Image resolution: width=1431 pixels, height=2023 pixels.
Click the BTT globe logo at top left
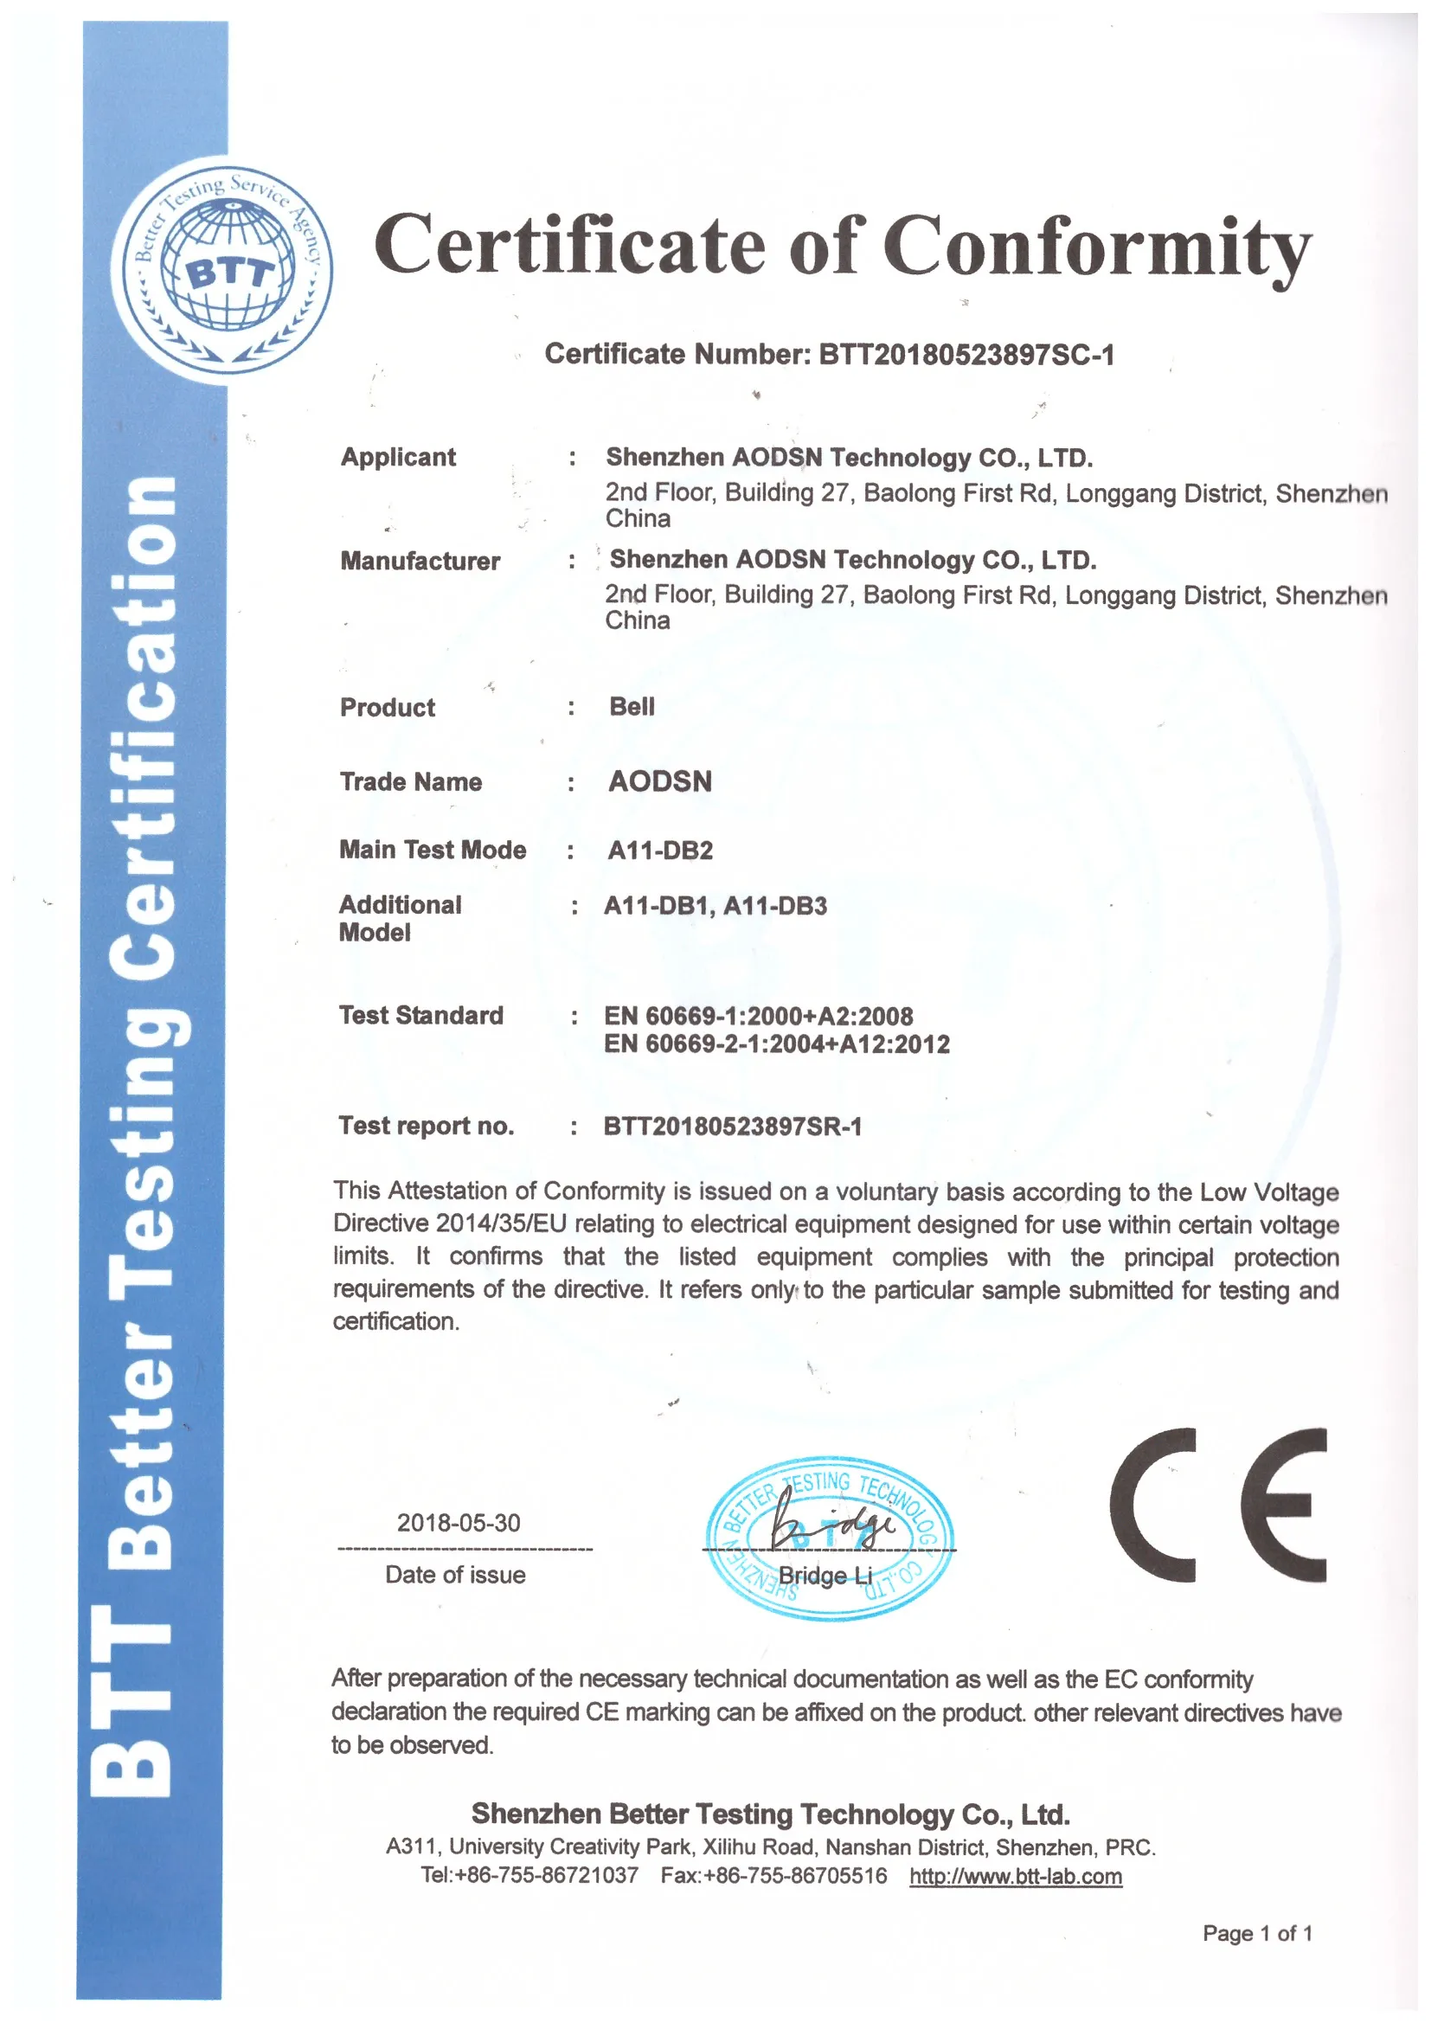223,270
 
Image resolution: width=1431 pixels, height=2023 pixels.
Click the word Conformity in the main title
1097,247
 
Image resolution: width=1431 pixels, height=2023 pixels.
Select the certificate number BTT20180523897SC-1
966,354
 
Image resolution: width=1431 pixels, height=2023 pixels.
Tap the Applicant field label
398,457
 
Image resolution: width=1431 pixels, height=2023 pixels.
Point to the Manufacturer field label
420,561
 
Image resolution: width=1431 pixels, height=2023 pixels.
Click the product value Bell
632,707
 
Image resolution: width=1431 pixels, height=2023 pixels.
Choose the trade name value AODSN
660,781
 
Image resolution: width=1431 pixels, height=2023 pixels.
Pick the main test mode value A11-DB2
660,851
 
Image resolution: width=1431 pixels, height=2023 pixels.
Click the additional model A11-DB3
775,906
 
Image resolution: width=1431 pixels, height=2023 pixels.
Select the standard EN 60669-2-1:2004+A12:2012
776,1044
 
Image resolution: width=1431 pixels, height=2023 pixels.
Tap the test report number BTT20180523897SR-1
732,1126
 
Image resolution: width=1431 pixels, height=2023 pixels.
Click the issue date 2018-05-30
459,1523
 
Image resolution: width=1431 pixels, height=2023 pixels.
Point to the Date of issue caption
455,1575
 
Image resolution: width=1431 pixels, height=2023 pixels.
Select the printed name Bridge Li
825,1576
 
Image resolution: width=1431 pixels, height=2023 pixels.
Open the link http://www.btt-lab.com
1015,1876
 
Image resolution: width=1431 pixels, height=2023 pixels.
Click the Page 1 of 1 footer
1256,1933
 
